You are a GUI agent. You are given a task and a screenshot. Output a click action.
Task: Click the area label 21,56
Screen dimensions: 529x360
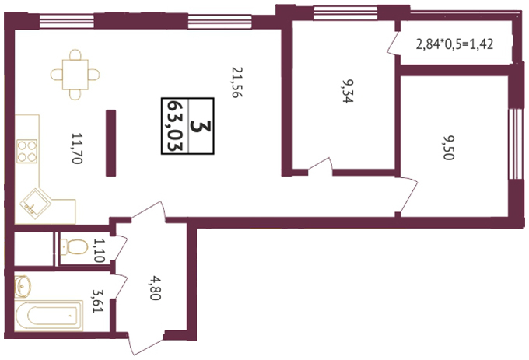click(237, 82)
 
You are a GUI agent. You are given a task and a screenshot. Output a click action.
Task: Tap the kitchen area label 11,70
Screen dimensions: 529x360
click(77, 149)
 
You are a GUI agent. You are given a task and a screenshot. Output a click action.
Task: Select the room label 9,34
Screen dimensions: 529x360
click(348, 91)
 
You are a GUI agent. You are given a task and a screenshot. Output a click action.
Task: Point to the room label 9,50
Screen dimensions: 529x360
click(449, 148)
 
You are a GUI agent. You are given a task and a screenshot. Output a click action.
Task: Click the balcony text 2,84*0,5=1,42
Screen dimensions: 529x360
click(454, 44)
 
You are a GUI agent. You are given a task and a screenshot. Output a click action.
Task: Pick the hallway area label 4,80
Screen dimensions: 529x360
click(156, 288)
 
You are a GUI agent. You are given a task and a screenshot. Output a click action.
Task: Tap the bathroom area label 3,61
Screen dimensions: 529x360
click(98, 301)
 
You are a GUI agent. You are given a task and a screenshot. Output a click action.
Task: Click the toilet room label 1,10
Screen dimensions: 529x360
click(100, 250)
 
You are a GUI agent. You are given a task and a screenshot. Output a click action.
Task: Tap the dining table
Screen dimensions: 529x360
click(75, 75)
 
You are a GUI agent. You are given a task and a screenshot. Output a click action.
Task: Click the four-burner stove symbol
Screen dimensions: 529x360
click(27, 152)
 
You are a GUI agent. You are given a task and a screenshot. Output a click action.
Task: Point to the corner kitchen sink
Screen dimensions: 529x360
click(35, 204)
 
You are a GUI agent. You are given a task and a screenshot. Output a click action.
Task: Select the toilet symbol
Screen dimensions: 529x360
click(74, 247)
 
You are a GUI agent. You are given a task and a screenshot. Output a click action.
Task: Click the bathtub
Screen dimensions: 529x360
click(48, 315)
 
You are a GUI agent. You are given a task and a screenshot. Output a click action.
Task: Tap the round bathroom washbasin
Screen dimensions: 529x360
click(23, 286)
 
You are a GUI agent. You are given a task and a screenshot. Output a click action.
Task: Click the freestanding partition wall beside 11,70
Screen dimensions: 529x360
click(111, 143)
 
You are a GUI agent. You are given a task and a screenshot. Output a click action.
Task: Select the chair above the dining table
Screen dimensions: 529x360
click(75, 54)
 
